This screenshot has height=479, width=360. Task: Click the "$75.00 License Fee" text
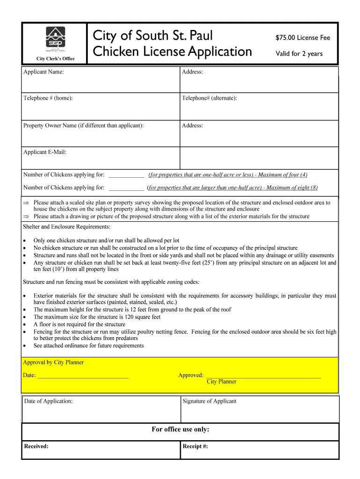[x=302, y=38]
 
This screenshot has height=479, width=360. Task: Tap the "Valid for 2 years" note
[x=299, y=54]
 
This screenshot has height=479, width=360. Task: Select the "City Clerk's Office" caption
[x=55, y=58]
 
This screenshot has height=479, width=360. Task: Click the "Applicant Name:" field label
[x=43, y=72]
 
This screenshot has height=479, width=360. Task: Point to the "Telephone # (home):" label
[x=48, y=98]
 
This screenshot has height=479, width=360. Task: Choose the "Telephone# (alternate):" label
[x=209, y=98]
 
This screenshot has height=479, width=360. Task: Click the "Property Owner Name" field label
[x=83, y=126]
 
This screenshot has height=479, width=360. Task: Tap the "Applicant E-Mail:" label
[x=45, y=152]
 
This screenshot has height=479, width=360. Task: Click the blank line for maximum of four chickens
[x=126, y=176]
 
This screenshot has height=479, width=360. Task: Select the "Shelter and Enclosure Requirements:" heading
[x=66, y=227]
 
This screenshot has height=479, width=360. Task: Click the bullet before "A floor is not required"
[x=25, y=325]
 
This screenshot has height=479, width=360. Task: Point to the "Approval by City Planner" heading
[x=53, y=363]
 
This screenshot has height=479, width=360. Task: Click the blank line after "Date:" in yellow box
[x=83, y=376]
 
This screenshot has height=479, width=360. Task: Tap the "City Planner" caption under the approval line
[x=222, y=382]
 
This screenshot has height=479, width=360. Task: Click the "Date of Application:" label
[x=48, y=401]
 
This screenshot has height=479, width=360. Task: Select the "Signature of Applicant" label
[x=209, y=401]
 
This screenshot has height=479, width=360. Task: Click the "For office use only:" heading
[x=180, y=430]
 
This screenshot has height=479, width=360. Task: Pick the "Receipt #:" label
[x=195, y=446]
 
